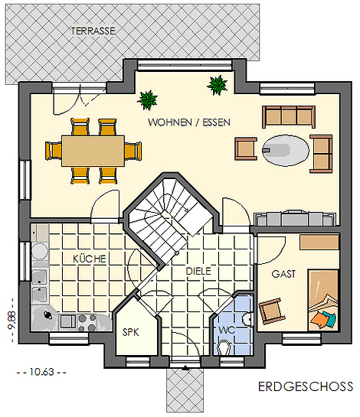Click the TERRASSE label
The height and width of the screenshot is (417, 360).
[x=93, y=31]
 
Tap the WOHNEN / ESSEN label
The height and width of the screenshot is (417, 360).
[x=189, y=122]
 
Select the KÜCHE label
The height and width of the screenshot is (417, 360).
[x=90, y=259]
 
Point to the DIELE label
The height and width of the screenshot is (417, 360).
[x=198, y=271]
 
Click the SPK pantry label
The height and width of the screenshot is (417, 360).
[x=130, y=332]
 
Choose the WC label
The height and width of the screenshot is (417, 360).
[x=227, y=330]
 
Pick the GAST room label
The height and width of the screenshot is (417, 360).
[x=283, y=274]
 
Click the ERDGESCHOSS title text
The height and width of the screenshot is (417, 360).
[x=306, y=386]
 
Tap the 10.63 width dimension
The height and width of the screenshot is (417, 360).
[x=42, y=372]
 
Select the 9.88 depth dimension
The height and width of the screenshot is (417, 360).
[x=12, y=320]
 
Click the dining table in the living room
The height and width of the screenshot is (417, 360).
[x=93, y=151]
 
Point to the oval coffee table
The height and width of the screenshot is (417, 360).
[x=286, y=151]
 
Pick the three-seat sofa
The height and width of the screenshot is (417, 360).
[x=289, y=117]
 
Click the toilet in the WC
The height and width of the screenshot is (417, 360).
[x=224, y=347]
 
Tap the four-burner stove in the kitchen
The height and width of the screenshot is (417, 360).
[x=87, y=322]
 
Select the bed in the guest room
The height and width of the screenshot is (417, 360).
[x=323, y=300]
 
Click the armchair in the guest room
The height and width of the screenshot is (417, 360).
[x=272, y=311]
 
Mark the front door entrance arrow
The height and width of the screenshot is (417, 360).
[x=185, y=368]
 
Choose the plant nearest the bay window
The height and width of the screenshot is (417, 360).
[x=217, y=86]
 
